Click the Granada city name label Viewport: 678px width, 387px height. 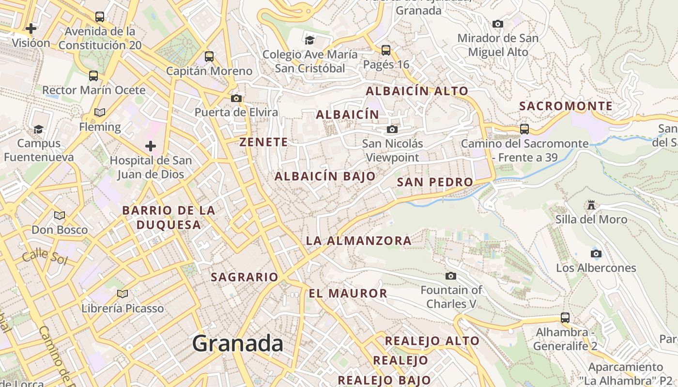tap(237, 343)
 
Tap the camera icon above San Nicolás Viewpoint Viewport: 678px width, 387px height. tap(392, 130)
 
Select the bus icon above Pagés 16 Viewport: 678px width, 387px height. tap(386, 50)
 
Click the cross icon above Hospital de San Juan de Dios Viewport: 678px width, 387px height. tap(151, 146)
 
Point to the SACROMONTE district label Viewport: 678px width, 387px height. tap(566, 106)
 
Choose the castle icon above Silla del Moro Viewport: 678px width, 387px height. tap(591, 205)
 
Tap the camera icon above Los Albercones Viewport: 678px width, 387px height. tap(596, 253)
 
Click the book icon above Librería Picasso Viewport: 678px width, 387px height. tap(123, 294)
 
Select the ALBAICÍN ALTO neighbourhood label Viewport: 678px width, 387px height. tap(417, 91)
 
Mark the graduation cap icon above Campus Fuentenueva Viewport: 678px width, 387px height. tap(38, 129)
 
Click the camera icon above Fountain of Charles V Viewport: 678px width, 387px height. tap(451, 276)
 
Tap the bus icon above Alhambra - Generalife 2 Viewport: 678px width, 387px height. tap(565, 318)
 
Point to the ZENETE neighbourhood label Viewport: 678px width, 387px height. tap(263, 142)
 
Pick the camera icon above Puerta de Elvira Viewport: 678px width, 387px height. tap(236, 98)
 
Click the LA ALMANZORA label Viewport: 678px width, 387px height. tap(359, 240)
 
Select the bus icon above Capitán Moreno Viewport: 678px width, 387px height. tap(209, 57)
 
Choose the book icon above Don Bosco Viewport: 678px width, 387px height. tap(60, 215)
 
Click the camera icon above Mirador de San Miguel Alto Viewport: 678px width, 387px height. tap(497, 24)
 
